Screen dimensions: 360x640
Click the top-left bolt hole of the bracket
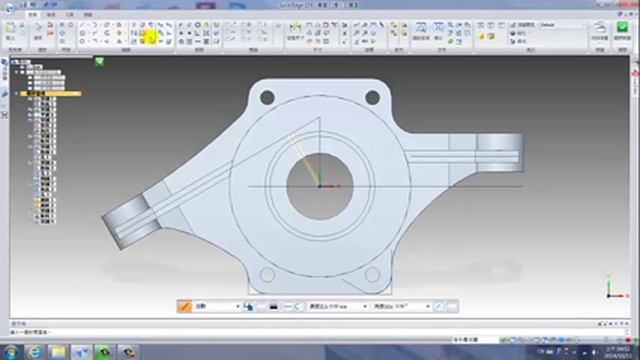(x=267, y=98)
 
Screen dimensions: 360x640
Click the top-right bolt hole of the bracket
(x=372, y=98)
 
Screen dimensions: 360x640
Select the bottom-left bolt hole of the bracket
(x=267, y=274)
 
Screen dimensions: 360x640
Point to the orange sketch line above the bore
(x=303, y=150)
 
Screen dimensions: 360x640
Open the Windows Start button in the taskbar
(x=10, y=352)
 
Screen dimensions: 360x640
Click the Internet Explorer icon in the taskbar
(x=35, y=352)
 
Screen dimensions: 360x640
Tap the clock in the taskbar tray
(x=615, y=352)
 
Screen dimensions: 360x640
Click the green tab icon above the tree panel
(x=99, y=61)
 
